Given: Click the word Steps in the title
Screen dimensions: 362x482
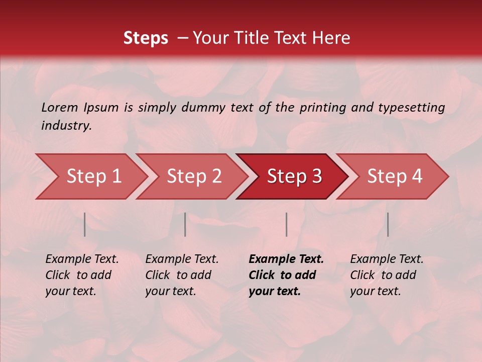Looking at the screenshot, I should [x=146, y=38].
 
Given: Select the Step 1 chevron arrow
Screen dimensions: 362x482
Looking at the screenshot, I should [x=93, y=176].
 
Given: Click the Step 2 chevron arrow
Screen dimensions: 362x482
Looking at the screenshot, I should [x=194, y=176].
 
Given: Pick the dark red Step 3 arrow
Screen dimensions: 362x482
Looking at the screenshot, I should [x=294, y=176].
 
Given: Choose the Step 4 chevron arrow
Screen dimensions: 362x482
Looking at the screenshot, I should [x=395, y=176].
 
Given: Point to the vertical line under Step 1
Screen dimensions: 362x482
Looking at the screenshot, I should [x=85, y=224].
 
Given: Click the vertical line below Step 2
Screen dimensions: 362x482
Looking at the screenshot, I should [x=185, y=224].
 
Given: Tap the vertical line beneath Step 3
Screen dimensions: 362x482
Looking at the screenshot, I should [x=287, y=224].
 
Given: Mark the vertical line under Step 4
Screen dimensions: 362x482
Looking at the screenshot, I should [x=388, y=224].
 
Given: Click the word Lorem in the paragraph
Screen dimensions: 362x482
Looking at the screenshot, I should [x=60, y=107].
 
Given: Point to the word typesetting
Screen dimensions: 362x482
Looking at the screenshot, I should [x=411, y=107].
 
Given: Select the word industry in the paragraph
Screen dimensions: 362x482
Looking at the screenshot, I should [x=66, y=125].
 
